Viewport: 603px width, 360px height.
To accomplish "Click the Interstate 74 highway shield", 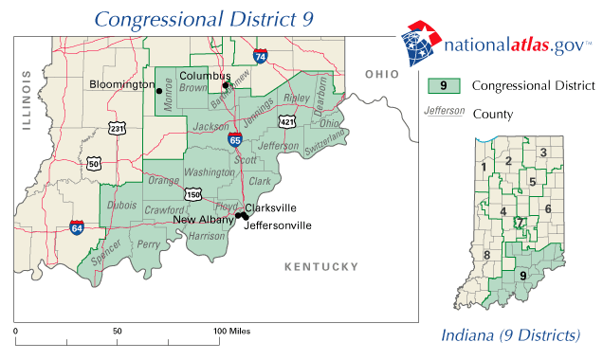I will pos(260,58).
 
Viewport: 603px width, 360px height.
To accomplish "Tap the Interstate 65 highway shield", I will pos(234,139).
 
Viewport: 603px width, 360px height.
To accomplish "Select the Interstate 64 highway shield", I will pos(76,227).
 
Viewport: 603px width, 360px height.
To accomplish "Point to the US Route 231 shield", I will pos(117,128).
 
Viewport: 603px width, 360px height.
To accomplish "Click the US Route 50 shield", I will pos(94,163).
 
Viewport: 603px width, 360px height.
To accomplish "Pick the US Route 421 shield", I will pos(286,121).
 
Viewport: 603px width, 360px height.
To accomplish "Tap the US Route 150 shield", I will pos(193,194).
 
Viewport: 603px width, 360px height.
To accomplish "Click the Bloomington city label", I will pos(121,84).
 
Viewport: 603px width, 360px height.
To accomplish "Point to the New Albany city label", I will pos(203,220).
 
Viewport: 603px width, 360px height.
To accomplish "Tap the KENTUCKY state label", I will pos(322,267).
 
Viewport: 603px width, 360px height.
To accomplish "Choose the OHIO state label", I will pos(383,75).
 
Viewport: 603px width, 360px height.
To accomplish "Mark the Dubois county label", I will pos(122,204).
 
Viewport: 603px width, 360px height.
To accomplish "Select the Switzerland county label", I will pos(326,141).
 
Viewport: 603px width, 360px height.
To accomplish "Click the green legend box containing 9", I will pos(444,86).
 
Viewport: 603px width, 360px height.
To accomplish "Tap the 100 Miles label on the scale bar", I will pos(233,332).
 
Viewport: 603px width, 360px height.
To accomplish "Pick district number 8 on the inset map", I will pos(486,255).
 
